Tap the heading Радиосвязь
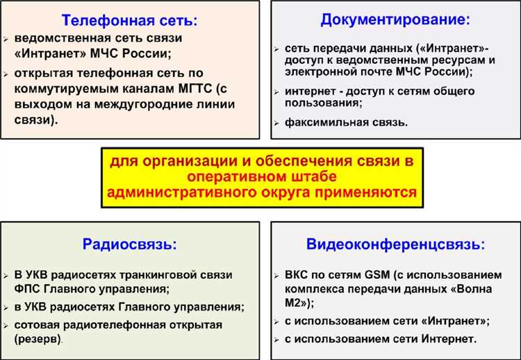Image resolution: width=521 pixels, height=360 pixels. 129,244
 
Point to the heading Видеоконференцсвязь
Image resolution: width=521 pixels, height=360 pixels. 395,244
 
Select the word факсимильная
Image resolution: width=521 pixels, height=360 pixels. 320,122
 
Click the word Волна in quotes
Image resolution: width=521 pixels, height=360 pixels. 483,288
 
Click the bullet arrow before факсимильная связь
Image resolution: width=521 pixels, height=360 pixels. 277,122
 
